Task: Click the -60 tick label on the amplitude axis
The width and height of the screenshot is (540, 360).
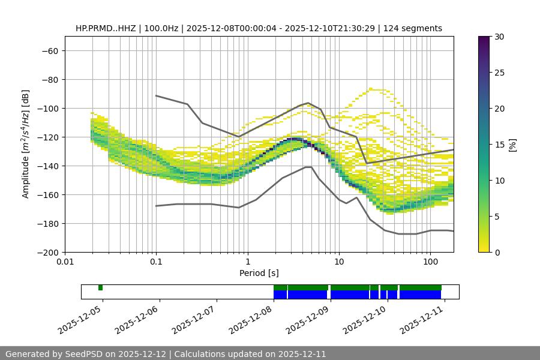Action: (49, 50)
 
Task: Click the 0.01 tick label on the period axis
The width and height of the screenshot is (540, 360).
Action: (65, 262)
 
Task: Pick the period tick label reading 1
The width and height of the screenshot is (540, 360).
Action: (247, 262)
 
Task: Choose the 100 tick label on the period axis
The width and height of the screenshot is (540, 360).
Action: (430, 262)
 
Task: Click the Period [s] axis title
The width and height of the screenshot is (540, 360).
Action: (259, 273)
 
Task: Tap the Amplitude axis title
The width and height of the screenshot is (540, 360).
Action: (25, 144)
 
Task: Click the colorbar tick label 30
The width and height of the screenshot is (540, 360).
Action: (499, 37)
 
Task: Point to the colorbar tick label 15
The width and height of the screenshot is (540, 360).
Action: (499, 145)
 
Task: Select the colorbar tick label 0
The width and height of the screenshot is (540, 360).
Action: (497, 252)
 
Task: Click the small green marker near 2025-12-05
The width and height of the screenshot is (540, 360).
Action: (100, 287)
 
